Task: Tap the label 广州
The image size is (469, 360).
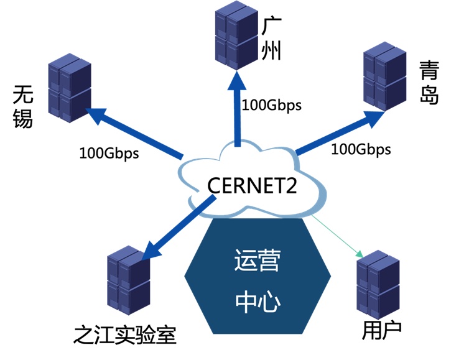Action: [x=272, y=39]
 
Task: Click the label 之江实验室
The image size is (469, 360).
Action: [x=124, y=336]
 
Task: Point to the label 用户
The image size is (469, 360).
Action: [x=382, y=330]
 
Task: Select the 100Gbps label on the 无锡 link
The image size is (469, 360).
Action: [x=109, y=152]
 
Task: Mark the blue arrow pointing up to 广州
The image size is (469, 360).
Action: [x=236, y=106]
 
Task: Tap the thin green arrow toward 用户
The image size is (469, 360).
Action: [x=338, y=237]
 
